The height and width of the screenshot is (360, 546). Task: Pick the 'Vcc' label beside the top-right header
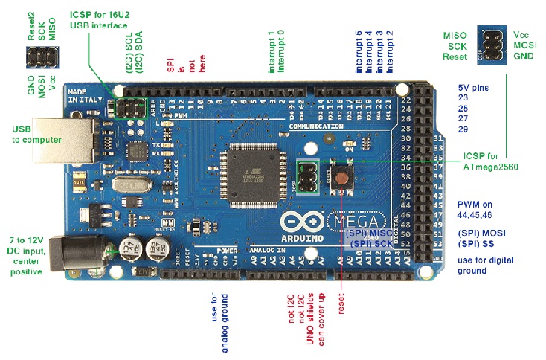[521, 35]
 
